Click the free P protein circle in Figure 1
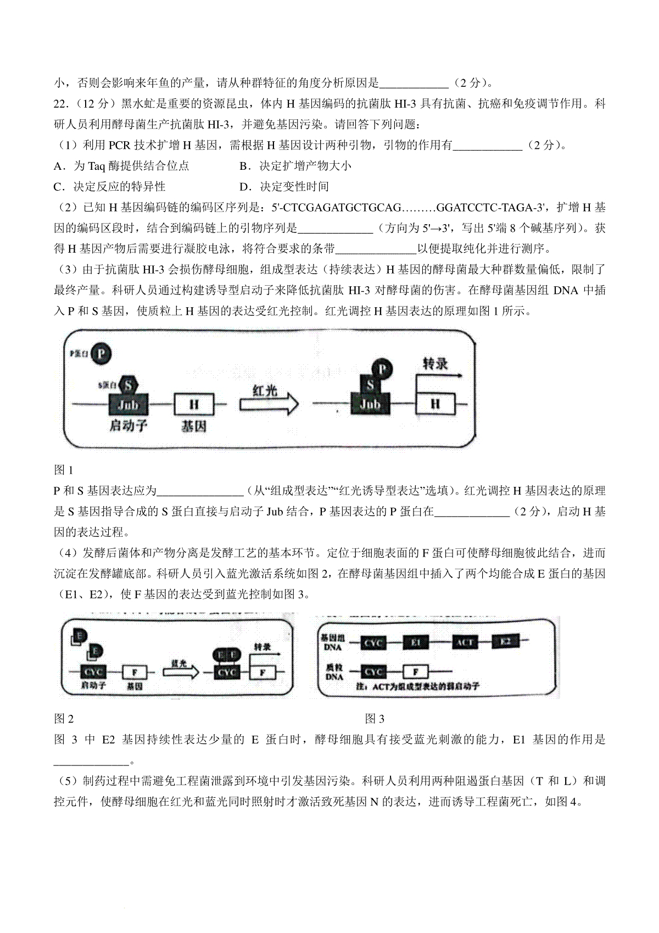(102, 354)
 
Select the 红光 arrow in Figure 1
(269, 403)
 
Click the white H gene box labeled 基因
(193, 404)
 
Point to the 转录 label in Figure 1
(435, 363)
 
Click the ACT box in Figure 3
(465, 642)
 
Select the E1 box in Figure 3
(416, 642)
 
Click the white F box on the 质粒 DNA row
(416, 671)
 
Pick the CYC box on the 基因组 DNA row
(374, 643)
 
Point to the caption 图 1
(64, 470)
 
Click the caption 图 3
(375, 719)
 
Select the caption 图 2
(64, 719)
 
